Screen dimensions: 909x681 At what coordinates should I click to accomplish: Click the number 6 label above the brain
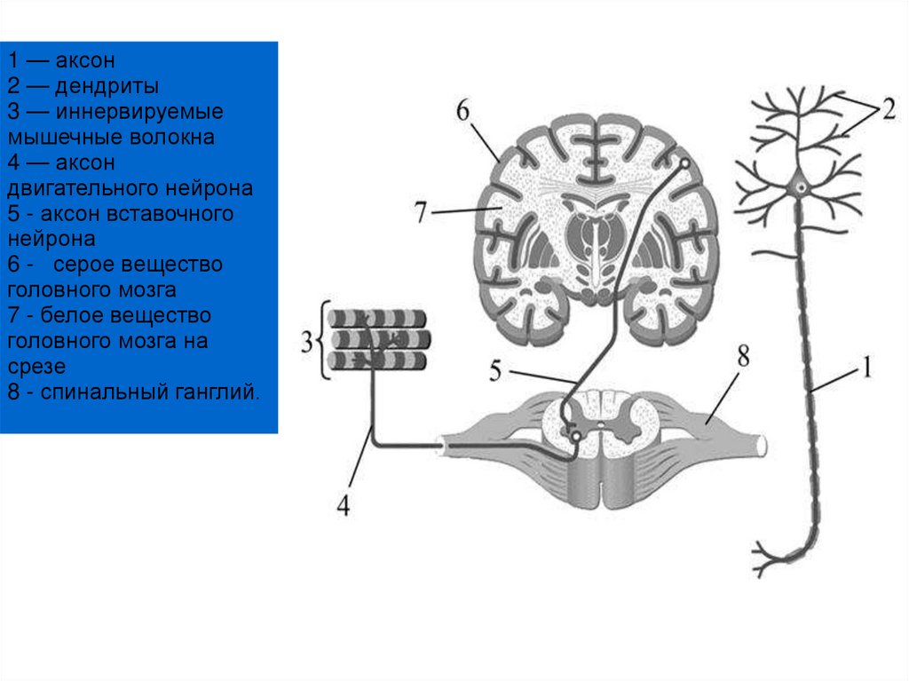(x=462, y=111)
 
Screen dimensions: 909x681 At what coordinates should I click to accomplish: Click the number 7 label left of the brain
(x=422, y=213)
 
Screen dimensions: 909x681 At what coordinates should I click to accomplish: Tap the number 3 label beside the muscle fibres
(x=307, y=342)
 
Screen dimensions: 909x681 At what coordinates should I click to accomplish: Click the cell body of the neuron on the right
(x=801, y=187)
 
